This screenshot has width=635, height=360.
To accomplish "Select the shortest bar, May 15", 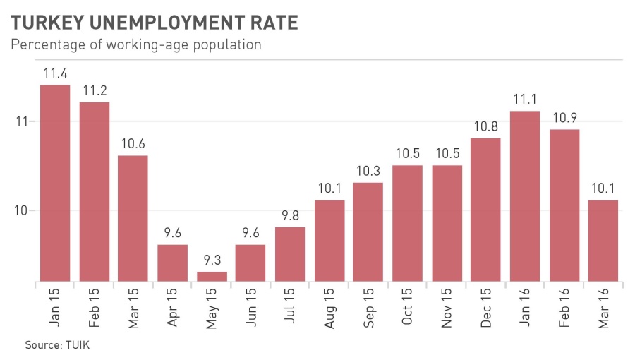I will pyautogui.click(x=212, y=276).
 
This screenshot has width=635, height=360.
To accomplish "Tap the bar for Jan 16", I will pyautogui.click(x=525, y=196).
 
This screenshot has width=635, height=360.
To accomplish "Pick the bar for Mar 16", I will pyautogui.click(x=603, y=240).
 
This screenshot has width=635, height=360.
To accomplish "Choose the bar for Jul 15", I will pyautogui.click(x=290, y=253).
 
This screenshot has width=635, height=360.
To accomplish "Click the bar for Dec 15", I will pyautogui.click(x=485, y=209).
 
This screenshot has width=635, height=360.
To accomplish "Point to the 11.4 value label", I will pyautogui.click(x=55, y=73).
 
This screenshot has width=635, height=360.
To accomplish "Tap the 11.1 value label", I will pyautogui.click(x=525, y=99).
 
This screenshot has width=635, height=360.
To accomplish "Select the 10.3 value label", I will pyautogui.click(x=368, y=171).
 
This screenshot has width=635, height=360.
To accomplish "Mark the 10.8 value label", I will pyautogui.click(x=485, y=126).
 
